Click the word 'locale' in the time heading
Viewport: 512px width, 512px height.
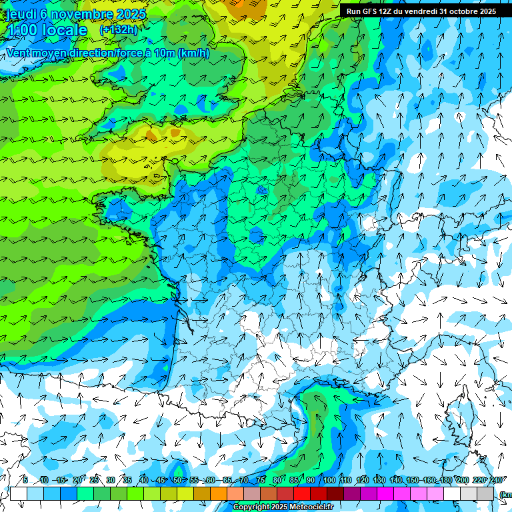[64, 30]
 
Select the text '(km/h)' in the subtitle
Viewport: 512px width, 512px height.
[193, 53]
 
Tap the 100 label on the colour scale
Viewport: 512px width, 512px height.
[329, 480]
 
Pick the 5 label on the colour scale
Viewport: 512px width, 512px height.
[25, 480]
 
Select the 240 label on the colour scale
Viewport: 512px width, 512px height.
[496, 480]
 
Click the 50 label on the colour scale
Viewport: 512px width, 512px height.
[177, 480]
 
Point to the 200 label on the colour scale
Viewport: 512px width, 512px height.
[463, 480]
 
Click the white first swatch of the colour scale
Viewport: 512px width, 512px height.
[18, 494]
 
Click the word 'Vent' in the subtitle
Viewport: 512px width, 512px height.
[18, 53]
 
